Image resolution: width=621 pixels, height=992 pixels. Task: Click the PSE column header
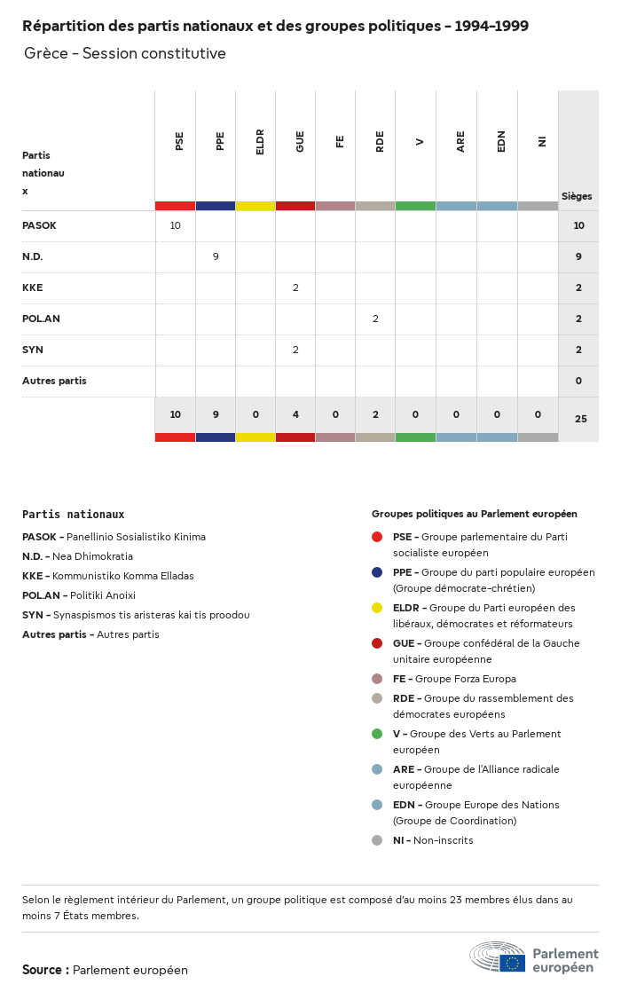pyautogui.click(x=179, y=140)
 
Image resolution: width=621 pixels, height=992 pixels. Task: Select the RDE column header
pyautogui.click(x=380, y=141)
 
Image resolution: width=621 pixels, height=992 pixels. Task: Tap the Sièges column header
pyautogui.click(x=577, y=196)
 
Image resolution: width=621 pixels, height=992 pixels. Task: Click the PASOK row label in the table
pyautogui.click(x=39, y=225)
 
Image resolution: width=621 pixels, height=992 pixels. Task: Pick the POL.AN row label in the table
pyautogui.click(x=41, y=319)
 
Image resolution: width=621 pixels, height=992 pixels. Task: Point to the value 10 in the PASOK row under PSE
pyautogui.click(x=175, y=225)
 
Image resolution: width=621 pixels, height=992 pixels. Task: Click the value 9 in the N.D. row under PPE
pyautogui.click(x=216, y=256)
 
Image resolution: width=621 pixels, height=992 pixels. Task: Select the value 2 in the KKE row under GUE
pyautogui.click(x=295, y=287)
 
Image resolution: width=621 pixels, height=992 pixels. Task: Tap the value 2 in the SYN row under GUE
pyautogui.click(x=295, y=350)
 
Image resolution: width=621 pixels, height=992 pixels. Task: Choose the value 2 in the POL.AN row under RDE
pyautogui.click(x=375, y=319)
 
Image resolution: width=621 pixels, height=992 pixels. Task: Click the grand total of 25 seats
pyautogui.click(x=580, y=419)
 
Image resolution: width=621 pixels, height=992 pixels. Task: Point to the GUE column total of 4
pyautogui.click(x=295, y=414)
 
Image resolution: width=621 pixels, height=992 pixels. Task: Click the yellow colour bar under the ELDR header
pyautogui.click(x=255, y=206)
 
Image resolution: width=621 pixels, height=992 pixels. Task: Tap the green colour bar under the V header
pyautogui.click(x=415, y=206)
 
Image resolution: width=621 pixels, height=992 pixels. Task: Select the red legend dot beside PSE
pyautogui.click(x=377, y=537)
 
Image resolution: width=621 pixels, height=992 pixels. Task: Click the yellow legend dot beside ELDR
pyautogui.click(x=377, y=608)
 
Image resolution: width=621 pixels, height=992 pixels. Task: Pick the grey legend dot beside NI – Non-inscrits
pyautogui.click(x=377, y=840)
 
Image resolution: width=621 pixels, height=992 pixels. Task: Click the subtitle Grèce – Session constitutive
pyautogui.click(x=125, y=53)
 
